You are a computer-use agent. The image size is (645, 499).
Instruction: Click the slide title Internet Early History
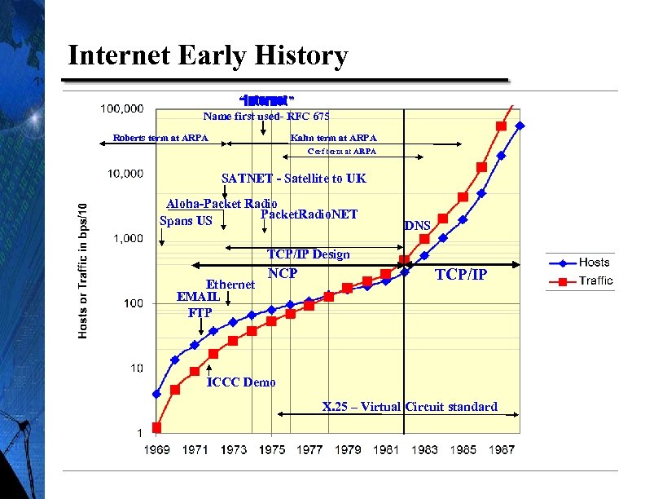click(208, 56)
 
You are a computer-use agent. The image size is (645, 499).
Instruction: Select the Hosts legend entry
click(594, 263)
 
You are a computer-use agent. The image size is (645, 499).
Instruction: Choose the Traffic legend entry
click(595, 281)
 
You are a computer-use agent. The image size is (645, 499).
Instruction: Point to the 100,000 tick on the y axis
click(122, 108)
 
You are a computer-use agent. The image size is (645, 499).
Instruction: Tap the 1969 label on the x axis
click(156, 449)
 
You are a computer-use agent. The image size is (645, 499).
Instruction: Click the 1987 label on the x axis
click(500, 449)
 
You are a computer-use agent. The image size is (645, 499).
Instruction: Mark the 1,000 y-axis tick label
click(128, 238)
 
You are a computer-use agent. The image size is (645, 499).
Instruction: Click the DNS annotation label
click(418, 225)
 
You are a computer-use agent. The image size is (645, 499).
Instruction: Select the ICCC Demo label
click(241, 382)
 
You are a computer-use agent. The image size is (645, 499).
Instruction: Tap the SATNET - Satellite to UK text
click(293, 179)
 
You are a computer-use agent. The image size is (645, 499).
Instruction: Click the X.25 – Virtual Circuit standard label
click(410, 407)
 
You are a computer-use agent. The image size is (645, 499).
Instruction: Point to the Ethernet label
click(230, 285)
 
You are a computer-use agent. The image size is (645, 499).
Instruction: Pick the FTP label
click(200, 312)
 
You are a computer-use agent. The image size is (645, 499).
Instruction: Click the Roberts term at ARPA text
click(160, 138)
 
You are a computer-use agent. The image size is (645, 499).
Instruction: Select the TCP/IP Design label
click(309, 254)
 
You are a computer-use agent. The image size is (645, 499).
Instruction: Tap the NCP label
click(283, 273)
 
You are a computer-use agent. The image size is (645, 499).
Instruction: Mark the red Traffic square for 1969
click(156, 427)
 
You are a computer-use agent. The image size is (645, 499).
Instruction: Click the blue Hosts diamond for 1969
click(156, 394)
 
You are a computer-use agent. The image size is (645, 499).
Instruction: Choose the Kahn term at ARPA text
click(333, 138)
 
